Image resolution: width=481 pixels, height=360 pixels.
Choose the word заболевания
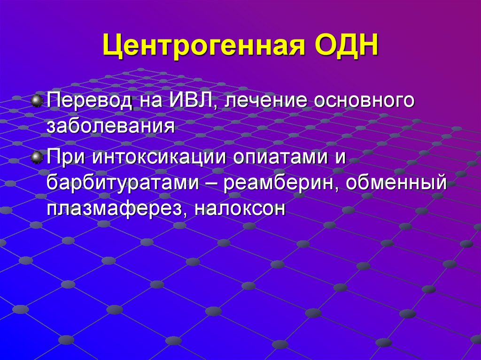tap(111, 127)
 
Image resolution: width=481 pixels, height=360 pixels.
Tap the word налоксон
tap(240, 207)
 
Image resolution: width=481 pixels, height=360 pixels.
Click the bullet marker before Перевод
tap(37, 100)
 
